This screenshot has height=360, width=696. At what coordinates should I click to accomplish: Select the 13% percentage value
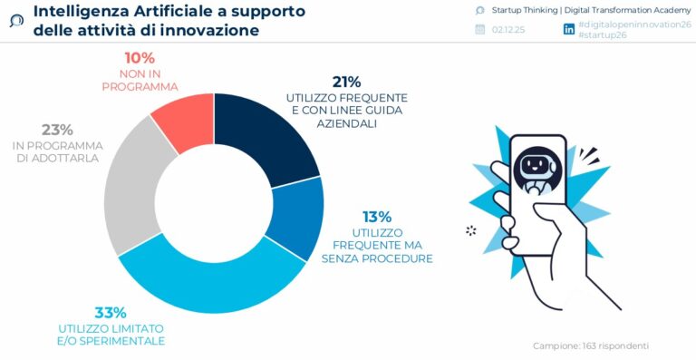click(x=376, y=217)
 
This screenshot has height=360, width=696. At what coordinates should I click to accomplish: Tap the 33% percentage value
click(x=111, y=312)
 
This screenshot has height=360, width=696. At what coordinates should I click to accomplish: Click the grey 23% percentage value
click(x=57, y=129)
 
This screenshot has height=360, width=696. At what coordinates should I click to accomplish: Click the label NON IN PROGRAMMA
click(x=140, y=80)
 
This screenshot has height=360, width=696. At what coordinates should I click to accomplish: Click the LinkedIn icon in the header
click(x=569, y=30)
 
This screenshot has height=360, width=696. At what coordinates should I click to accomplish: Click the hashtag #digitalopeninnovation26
click(x=633, y=24)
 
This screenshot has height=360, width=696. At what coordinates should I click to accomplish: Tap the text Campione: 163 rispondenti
click(x=590, y=345)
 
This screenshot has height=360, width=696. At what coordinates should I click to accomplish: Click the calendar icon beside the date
click(x=480, y=30)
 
